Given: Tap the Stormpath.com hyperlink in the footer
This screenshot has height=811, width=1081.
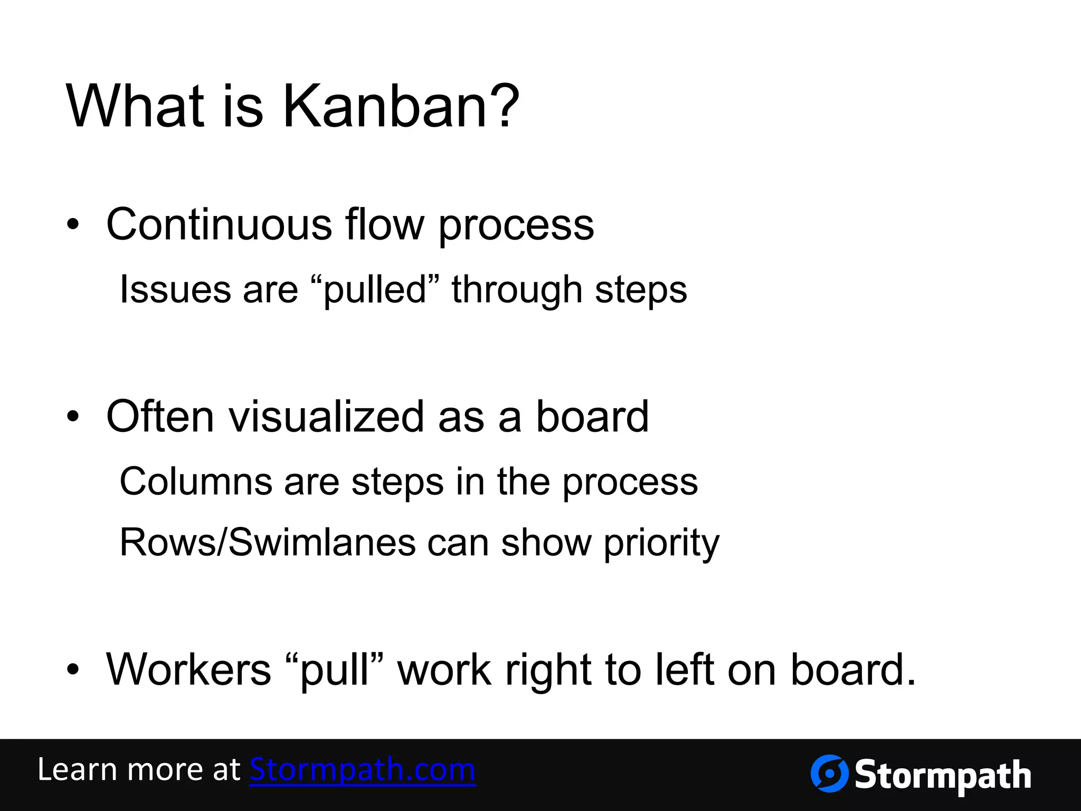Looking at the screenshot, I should pyautogui.click(x=363, y=769).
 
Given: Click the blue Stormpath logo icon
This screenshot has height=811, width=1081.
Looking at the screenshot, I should pyautogui.click(x=829, y=774).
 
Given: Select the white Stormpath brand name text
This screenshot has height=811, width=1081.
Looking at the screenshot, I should pyautogui.click(x=943, y=775).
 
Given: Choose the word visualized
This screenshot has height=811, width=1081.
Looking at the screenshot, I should pyautogui.click(x=325, y=417).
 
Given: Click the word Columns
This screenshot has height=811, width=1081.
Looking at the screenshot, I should pyautogui.click(x=196, y=482).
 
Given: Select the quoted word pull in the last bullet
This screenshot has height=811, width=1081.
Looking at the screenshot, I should pyautogui.click(x=334, y=671).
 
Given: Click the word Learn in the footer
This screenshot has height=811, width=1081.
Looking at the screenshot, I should pyautogui.click(x=77, y=769).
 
